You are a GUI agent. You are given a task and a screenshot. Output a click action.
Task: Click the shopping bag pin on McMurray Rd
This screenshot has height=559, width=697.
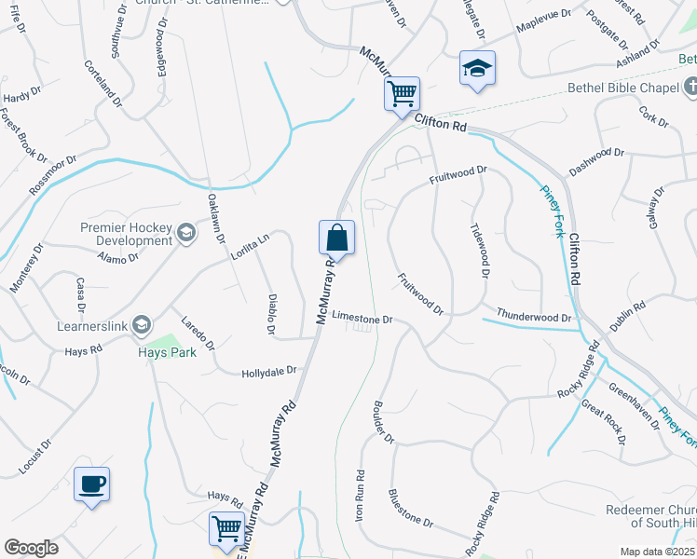click(x=336, y=238)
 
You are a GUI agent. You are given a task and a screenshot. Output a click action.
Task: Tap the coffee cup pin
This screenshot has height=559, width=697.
click(x=91, y=484)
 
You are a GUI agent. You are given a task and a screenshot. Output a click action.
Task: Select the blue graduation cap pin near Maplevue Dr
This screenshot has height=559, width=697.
click(x=477, y=69)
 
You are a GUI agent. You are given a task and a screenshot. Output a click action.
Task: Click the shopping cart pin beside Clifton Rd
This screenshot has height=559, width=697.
click(x=402, y=94)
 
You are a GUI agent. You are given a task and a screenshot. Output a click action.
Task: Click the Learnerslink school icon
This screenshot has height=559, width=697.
click(x=142, y=324)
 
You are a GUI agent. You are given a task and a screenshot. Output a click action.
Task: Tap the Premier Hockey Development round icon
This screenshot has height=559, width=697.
click(x=185, y=233)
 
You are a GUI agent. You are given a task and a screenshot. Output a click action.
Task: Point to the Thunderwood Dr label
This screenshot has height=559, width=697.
click(x=534, y=317)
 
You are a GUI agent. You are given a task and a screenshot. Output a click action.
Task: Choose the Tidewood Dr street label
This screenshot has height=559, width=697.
click(x=479, y=249)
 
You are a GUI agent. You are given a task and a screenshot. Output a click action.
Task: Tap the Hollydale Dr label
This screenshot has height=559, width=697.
click(x=268, y=371)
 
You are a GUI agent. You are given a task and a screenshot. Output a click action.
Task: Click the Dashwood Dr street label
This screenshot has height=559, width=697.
click(x=595, y=161)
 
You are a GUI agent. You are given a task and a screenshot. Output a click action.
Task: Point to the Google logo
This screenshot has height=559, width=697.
click(x=31, y=548)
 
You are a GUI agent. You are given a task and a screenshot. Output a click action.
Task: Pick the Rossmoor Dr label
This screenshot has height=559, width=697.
click(x=49, y=173)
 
